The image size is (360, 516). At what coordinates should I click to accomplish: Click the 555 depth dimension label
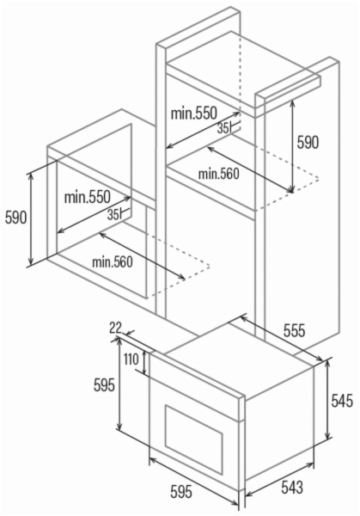295,330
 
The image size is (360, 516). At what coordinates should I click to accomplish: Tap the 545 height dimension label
342,400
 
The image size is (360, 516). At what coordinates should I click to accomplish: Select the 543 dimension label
292,487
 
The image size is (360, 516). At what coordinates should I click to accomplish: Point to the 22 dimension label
115,328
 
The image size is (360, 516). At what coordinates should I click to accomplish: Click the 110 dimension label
131,359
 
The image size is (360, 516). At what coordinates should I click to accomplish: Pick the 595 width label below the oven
181,492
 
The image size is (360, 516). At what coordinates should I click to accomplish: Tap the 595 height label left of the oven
104,384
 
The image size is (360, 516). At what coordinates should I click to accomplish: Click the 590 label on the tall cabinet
308,143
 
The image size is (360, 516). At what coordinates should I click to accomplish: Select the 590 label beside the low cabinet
15,218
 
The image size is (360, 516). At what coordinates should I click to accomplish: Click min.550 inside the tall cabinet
193,114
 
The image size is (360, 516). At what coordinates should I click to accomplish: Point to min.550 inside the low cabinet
87,197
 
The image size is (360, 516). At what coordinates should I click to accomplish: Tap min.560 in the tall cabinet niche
218,174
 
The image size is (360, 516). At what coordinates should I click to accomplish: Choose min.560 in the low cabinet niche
113,262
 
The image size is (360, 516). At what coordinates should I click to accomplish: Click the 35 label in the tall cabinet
223,129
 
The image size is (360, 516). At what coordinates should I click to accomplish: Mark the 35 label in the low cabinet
113,215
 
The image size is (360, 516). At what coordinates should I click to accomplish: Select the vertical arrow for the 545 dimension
327,399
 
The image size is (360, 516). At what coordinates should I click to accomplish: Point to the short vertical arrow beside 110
144,363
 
